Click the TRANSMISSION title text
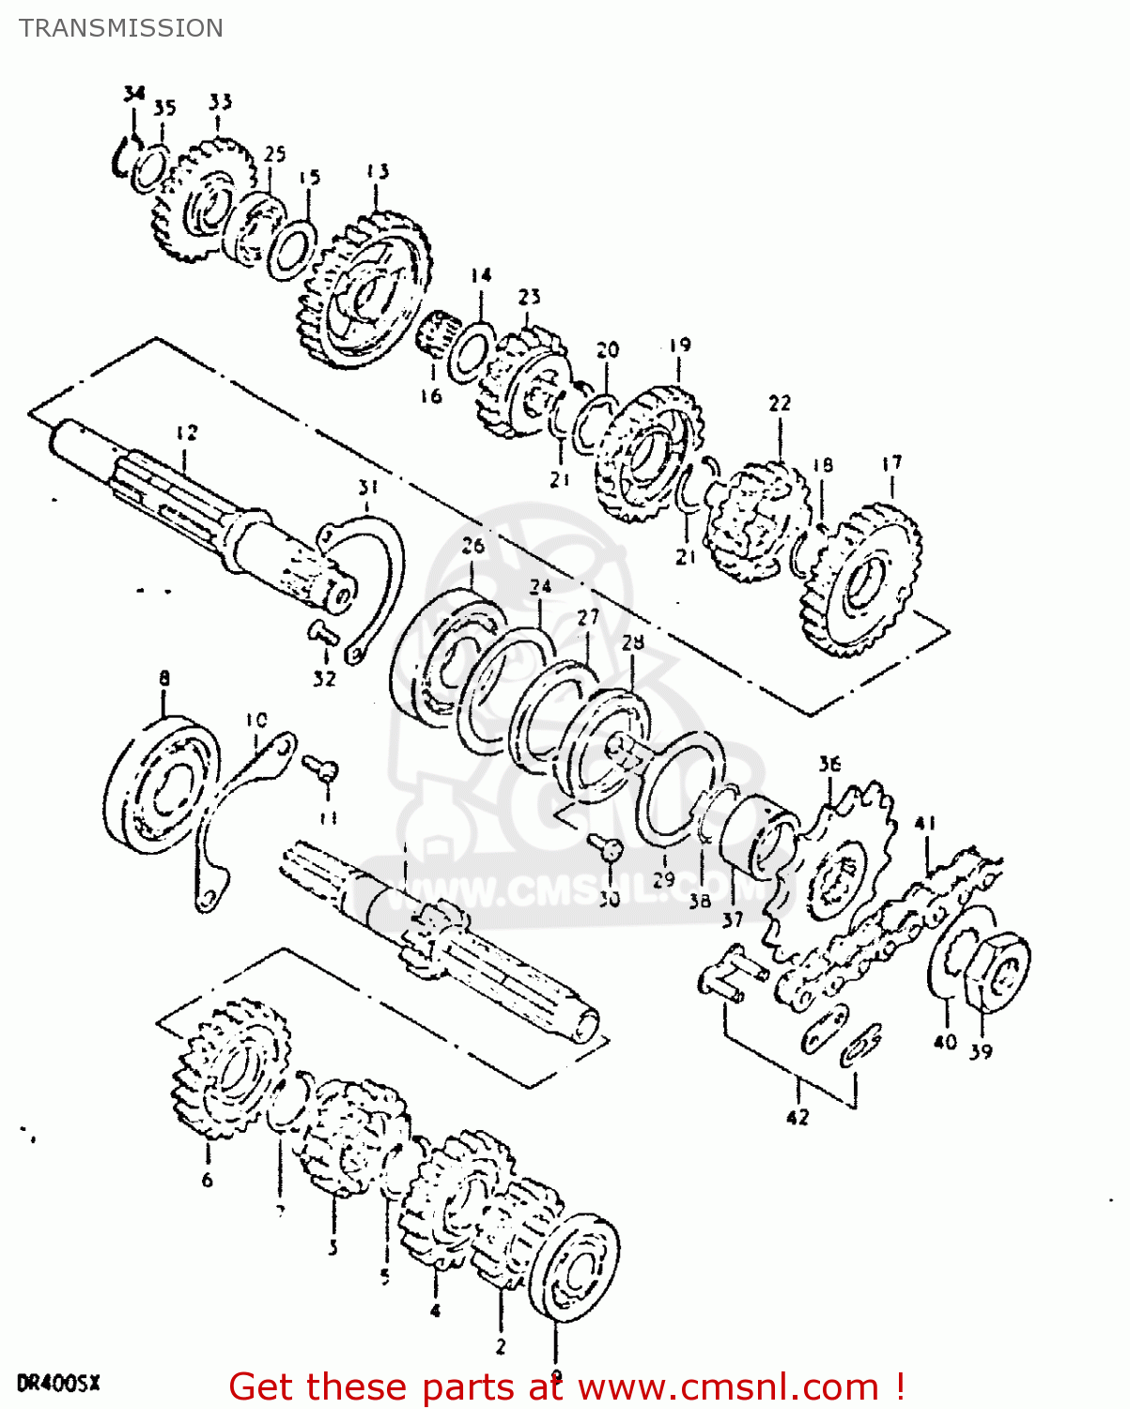121,28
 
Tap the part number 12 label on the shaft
187,432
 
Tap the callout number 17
891,463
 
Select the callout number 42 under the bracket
797,1117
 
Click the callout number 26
473,546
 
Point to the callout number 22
780,403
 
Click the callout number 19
680,346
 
